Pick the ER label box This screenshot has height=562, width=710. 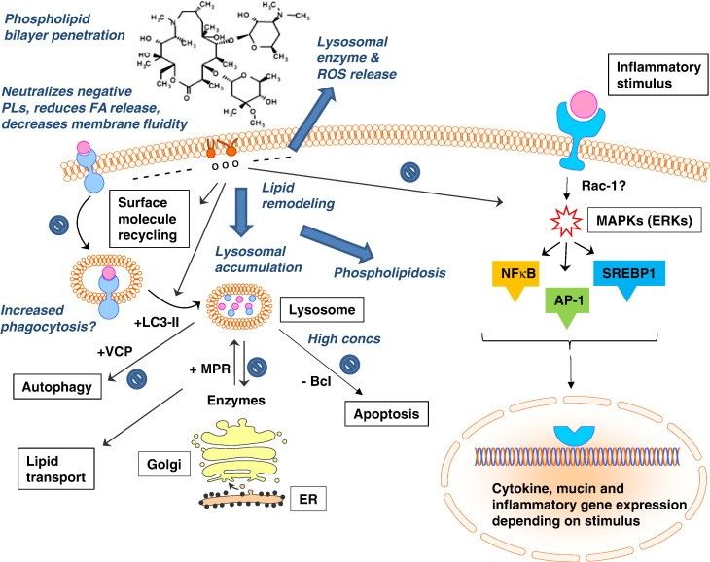click(307, 501)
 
